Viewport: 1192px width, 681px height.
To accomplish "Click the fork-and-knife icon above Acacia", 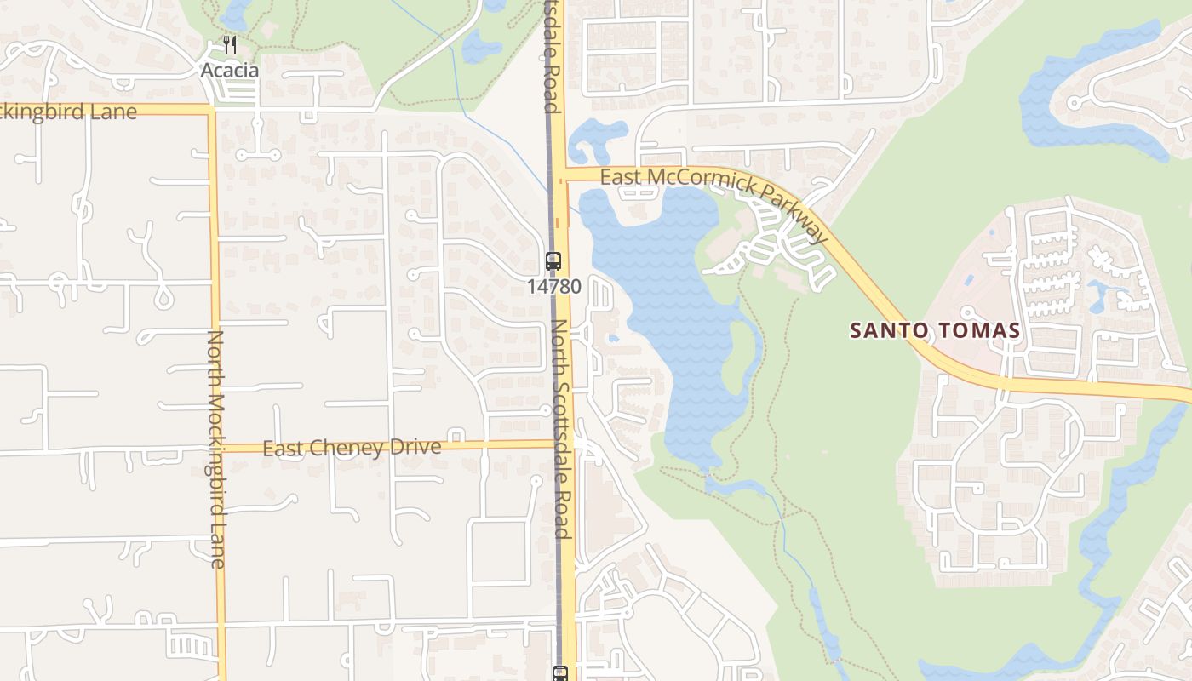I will (x=229, y=45).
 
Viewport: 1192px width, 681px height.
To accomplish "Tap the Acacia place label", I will (x=229, y=71).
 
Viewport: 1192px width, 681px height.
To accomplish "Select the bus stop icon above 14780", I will (x=553, y=261).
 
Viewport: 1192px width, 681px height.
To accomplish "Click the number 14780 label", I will (x=553, y=287).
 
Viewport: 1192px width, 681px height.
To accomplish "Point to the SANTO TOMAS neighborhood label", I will (x=936, y=331).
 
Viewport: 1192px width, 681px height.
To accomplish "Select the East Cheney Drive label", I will (x=352, y=448).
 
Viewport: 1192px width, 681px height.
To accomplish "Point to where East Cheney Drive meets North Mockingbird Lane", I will (x=218, y=448).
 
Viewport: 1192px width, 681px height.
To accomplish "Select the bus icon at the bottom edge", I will (x=560, y=673).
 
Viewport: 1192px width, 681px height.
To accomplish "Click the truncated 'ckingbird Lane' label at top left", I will (x=68, y=112).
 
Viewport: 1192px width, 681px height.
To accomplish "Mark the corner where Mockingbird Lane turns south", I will (x=210, y=110).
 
